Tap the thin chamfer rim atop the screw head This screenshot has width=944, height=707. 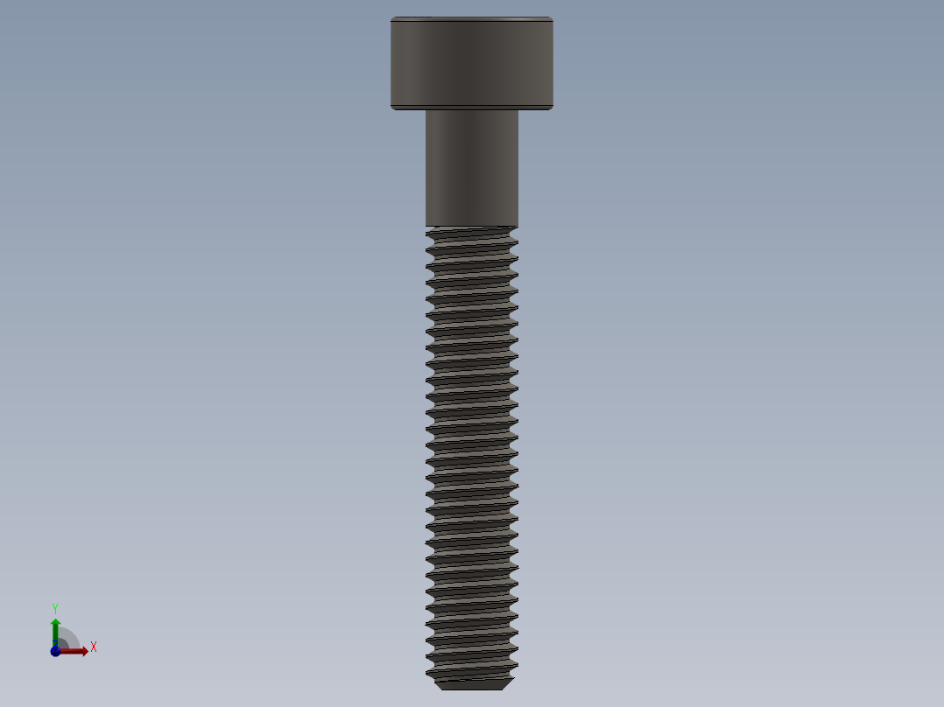471,18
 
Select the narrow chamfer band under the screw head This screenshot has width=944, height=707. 471,108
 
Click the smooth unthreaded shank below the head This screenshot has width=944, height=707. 471,166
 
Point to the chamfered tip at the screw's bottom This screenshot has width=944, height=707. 471,684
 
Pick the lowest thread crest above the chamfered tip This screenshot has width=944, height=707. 471,672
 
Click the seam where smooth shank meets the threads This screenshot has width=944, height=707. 471,227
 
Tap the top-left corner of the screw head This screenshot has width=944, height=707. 392,18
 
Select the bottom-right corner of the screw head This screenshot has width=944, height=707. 551,108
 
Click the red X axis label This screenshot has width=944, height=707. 94,647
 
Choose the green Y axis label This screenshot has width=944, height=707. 55,607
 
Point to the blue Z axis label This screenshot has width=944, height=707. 54,645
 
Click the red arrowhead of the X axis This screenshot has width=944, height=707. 83,651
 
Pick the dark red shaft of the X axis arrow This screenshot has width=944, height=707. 70,651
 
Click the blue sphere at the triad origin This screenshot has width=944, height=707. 55,652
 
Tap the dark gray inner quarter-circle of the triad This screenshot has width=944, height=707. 64,643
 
